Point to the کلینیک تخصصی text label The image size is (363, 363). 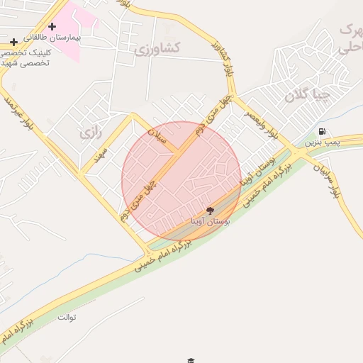[25, 54]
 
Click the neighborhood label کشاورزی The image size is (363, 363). [158, 49]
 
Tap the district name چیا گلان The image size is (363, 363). [307, 96]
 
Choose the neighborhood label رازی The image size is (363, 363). [88, 133]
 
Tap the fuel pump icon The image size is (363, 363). [323, 131]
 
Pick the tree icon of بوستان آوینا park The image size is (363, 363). [210, 211]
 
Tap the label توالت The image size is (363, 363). [66, 316]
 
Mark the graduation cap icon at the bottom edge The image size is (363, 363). [190, 360]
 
